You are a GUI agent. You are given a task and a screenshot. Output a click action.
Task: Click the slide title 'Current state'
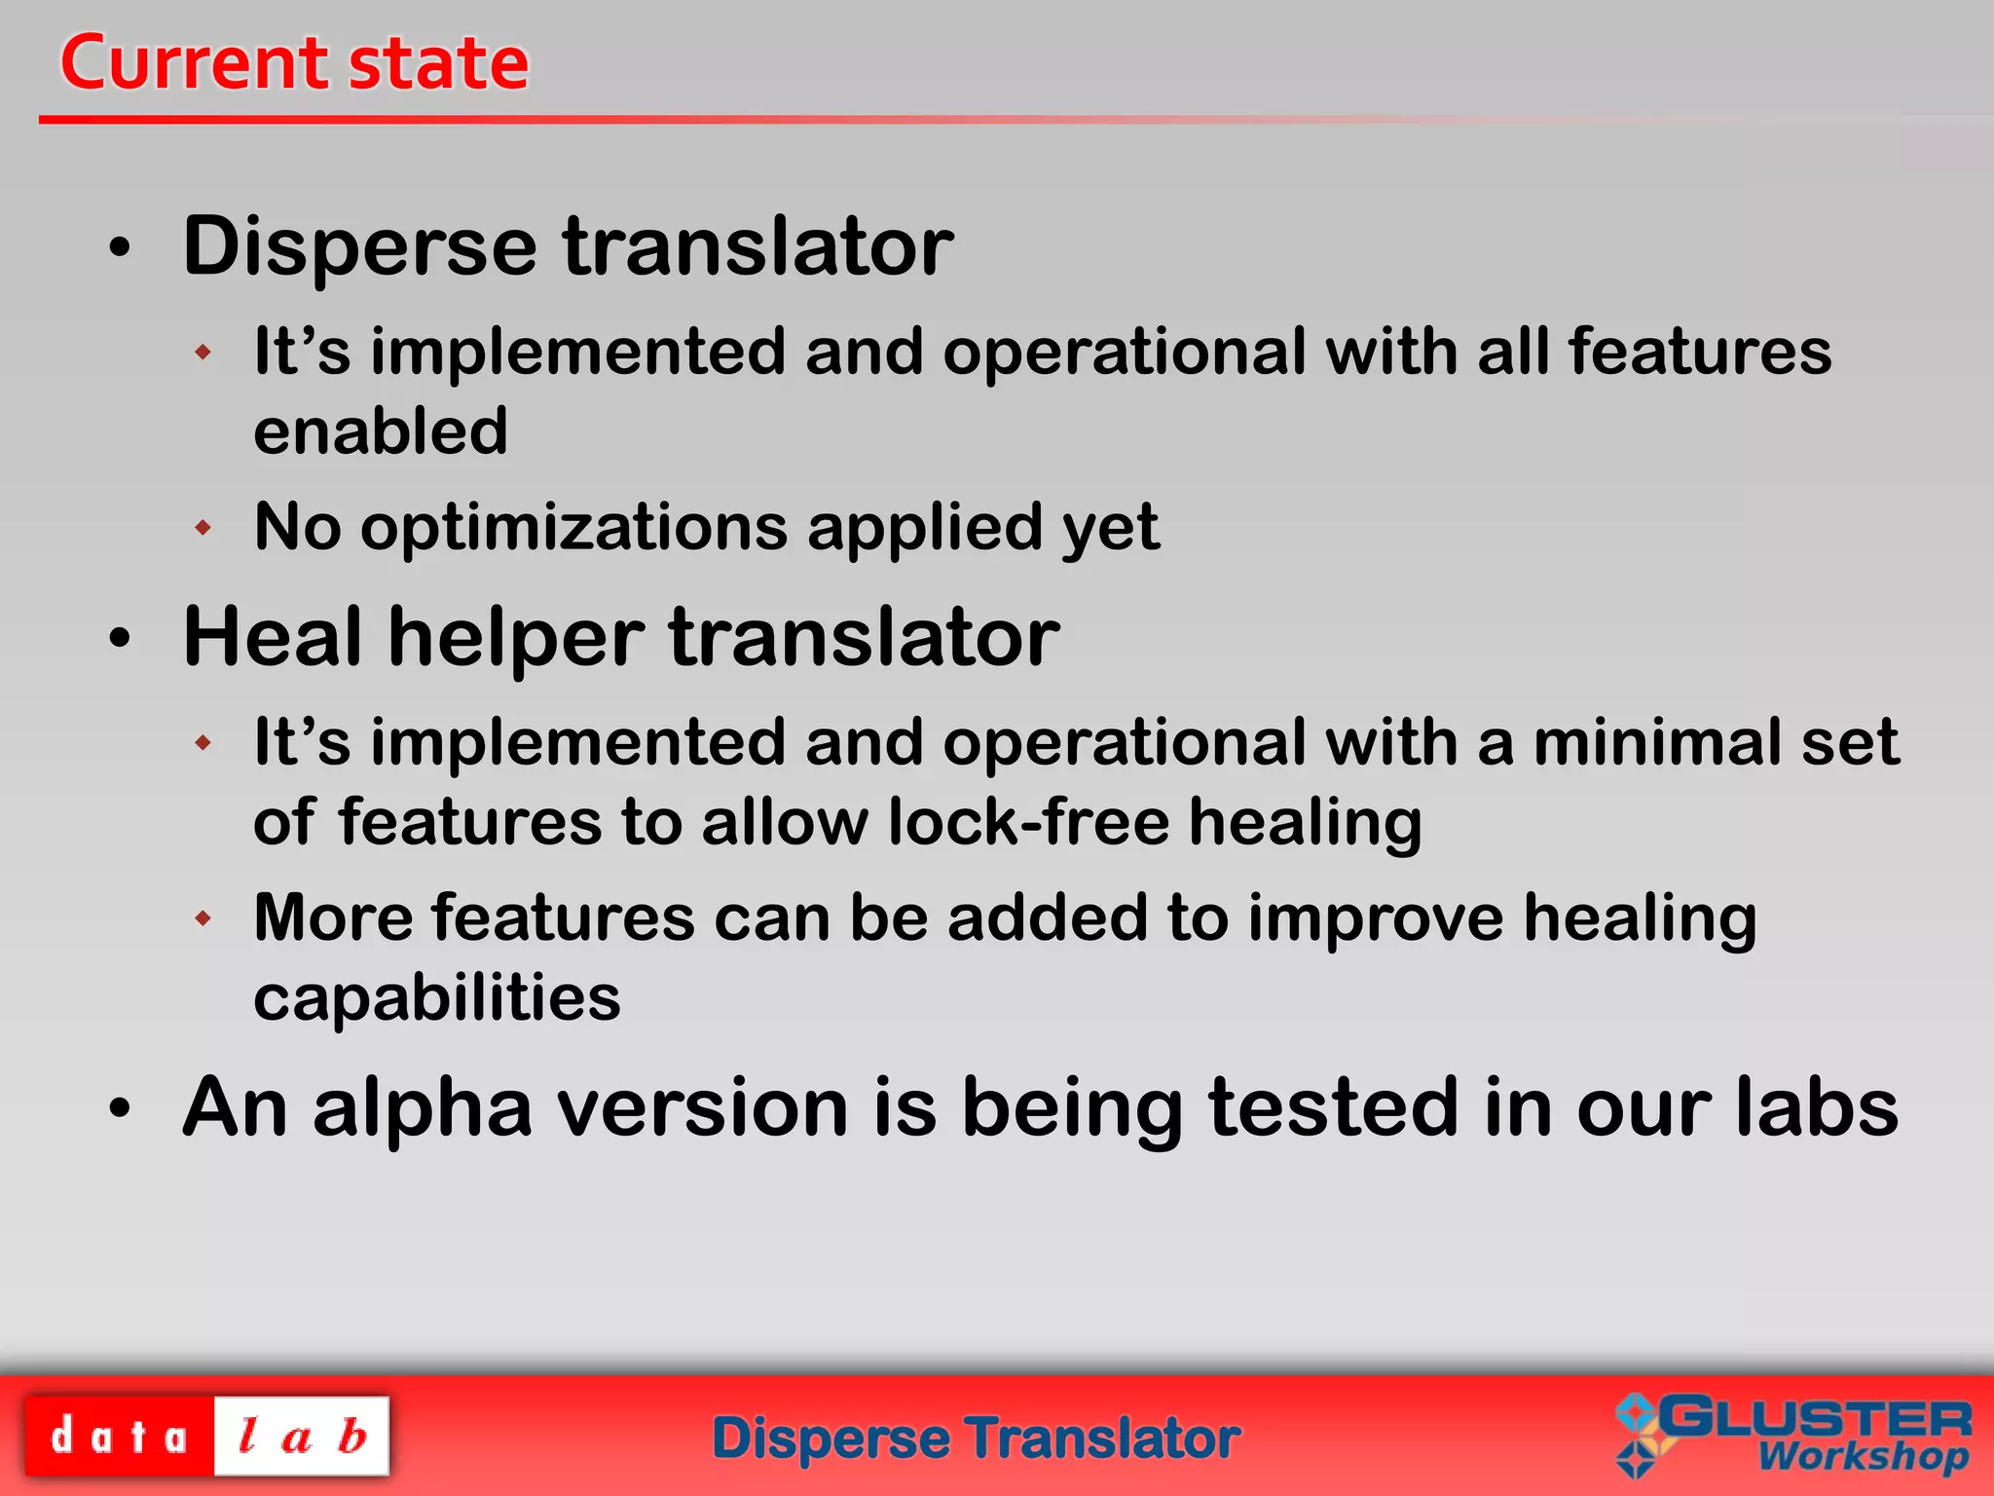tap(294, 63)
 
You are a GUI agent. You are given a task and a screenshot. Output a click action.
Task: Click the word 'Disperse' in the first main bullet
tap(359, 246)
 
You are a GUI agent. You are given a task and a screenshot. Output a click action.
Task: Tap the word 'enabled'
tap(381, 431)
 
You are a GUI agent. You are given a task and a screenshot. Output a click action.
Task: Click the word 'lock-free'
tap(1028, 821)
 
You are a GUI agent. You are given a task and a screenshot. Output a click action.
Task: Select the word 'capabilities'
tap(436, 997)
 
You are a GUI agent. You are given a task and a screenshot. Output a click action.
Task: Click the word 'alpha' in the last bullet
tap(423, 1109)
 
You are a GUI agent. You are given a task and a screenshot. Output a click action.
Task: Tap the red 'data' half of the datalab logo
tap(119, 1437)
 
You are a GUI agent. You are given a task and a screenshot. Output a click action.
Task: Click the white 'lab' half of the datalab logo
tap(302, 1437)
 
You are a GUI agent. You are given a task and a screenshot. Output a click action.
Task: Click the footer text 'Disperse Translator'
tap(976, 1439)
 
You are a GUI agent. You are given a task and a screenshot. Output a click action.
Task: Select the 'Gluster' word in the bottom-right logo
tap(1815, 1418)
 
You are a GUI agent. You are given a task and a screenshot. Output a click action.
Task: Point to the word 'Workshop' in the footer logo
tap(1862, 1457)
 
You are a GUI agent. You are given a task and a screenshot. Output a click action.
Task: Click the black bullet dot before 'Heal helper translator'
tap(120, 639)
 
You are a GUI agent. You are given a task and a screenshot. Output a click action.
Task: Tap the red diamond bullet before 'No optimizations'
tap(203, 528)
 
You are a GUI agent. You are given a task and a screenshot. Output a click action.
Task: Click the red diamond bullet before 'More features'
tap(203, 917)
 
